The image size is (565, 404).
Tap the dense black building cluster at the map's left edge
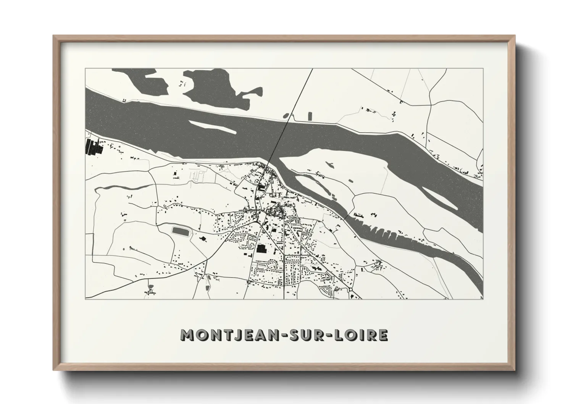[x=94, y=147]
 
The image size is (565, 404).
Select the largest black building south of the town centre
[x=262, y=249]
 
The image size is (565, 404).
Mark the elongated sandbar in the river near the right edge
[x=440, y=198]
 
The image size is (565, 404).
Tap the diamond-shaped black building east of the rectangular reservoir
[x=202, y=239]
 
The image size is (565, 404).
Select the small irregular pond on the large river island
[x=329, y=165]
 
